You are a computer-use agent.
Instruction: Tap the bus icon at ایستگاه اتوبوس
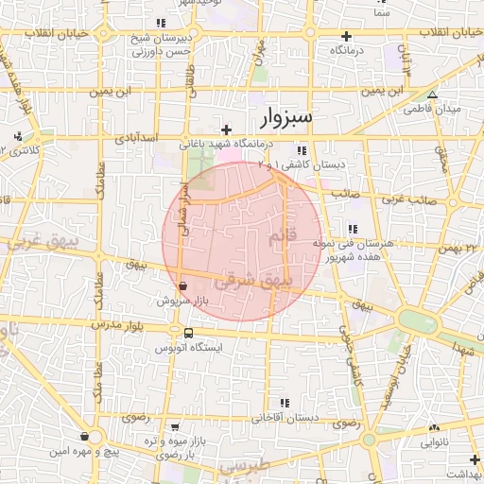click(188, 334)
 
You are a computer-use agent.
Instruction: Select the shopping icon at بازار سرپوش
click(181, 285)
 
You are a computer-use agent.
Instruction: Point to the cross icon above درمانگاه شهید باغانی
click(226, 130)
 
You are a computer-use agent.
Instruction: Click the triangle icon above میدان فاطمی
click(432, 95)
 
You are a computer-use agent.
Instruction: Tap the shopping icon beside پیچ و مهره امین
click(86, 437)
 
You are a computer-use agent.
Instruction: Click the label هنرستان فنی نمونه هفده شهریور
click(349, 250)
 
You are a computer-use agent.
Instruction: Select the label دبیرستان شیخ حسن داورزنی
click(158, 46)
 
